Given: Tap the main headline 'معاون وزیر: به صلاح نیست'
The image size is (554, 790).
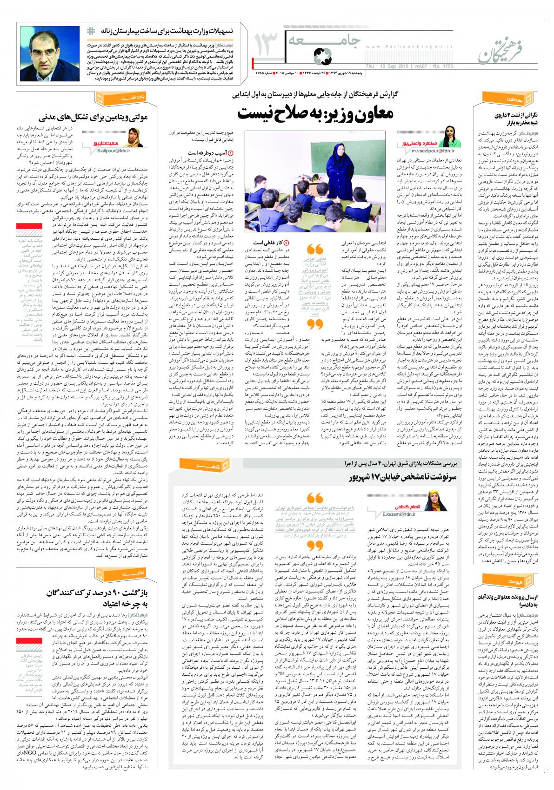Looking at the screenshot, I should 317,112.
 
